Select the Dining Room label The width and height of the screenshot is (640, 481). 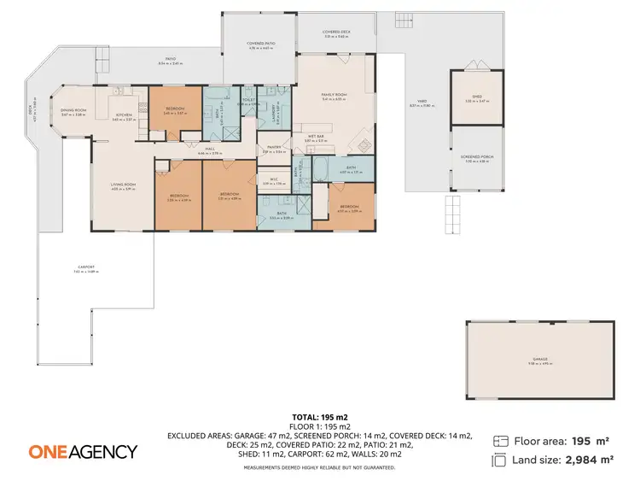[x=74, y=110]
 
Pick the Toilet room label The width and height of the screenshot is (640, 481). [x=249, y=100]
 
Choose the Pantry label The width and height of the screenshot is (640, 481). [x=272, y=147]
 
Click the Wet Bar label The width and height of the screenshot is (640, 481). [x=313, y=136]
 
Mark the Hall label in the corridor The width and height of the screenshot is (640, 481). [x=210, y=149]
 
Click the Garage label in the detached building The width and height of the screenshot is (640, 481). [x=541, y=359]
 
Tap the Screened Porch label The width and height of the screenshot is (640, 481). [x=477, y=157]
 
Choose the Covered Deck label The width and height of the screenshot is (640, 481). [x=337, y=32]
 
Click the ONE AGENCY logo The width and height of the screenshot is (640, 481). [x=83, y=451]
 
